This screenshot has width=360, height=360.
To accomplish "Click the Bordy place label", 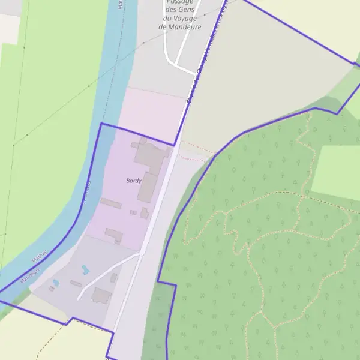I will pyautogui.click(x=133, y=181).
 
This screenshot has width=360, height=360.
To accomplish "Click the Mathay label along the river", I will pyautogui.click(x=38, y=257).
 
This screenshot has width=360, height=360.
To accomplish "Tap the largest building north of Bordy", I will pyautogui.click(x=151, y=155).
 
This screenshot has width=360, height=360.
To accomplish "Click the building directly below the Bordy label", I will pyautogui.click(x=148, y=188).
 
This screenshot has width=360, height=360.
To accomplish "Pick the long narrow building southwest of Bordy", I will pyautogui.click(x=111, y=203).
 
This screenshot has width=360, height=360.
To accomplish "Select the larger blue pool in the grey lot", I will pyautogui.click(x=85, y=270).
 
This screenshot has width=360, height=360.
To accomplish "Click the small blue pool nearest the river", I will pyautogui.click(x=56, y=282).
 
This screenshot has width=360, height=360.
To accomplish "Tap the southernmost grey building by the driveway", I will pyautogui.click(x=101, y=295).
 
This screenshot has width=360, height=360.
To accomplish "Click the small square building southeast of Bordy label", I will pyautogui.click(x=145, y=213).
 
